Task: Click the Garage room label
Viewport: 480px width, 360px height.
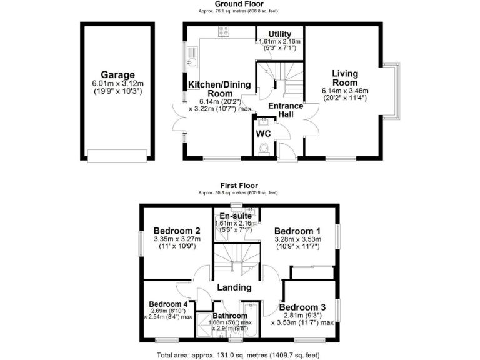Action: tap(118, 75)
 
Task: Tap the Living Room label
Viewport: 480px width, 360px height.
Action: tap(344, 78)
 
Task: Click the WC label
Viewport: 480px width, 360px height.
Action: tap(263, 133)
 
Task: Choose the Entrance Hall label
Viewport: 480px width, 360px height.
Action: tap(285, 111)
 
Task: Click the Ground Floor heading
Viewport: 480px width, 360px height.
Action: tap(240, 4)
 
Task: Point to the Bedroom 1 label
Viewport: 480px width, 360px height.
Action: tap(298, 229)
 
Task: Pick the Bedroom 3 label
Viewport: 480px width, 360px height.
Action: tap(302, 307)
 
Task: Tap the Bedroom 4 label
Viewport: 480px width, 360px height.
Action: tap(164, 304)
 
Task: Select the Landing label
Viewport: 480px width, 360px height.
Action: tap(234, 287)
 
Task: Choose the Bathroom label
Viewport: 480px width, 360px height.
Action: tap(232, 316)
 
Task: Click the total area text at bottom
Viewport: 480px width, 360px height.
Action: tap(240, 355)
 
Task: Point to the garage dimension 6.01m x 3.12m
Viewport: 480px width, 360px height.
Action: tap(118, 84)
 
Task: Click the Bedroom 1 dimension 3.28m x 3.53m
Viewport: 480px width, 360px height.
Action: tap(298, 238)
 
